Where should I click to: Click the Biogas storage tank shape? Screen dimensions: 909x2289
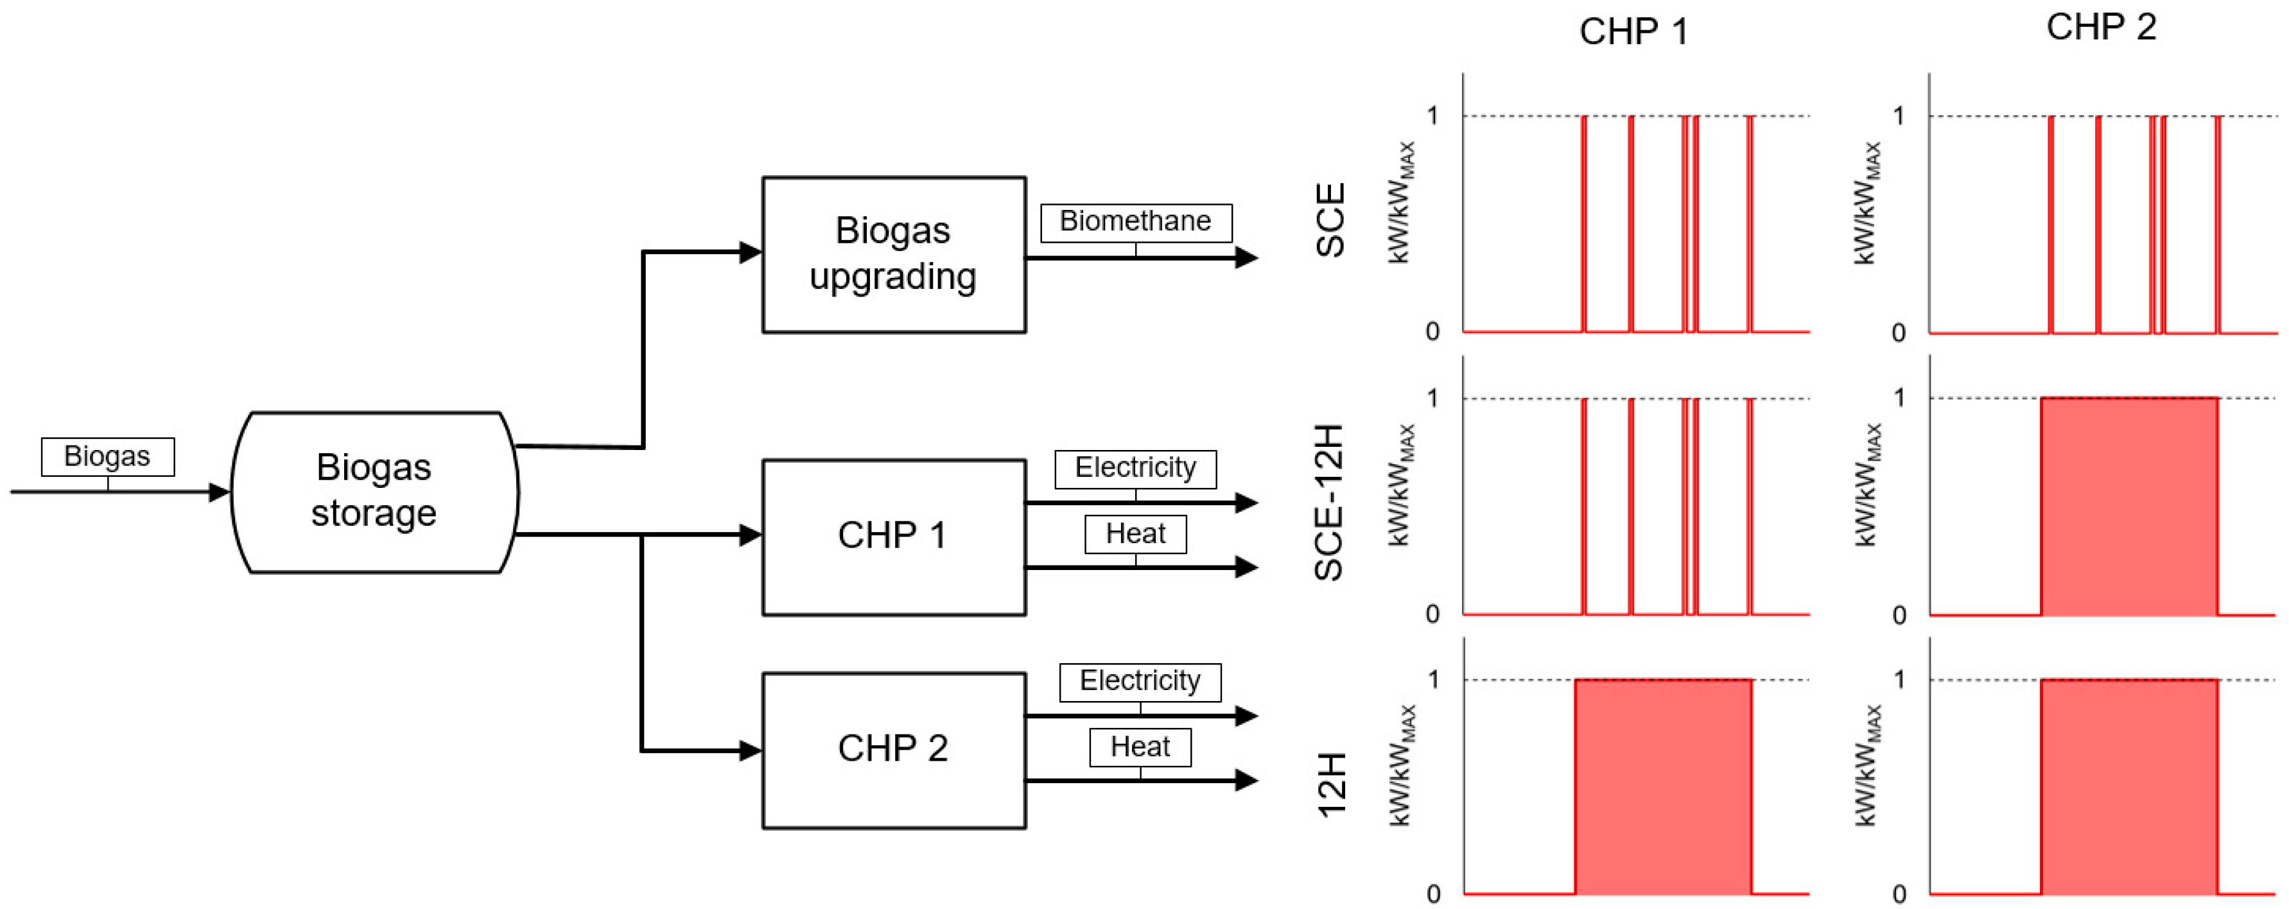point(374,491)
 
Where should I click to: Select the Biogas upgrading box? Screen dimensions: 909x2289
point(893,254)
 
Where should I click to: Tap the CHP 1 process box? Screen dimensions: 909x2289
point(893,536)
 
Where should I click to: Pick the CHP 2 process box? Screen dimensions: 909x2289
point(893,749)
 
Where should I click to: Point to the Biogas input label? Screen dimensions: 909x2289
point(107,456)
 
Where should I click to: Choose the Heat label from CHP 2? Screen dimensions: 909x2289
point(1140,747)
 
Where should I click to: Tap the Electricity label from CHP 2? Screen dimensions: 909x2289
point(1140,680)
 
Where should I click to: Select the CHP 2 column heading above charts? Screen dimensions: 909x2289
point(2101,28)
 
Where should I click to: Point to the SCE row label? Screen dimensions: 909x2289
point(1330,220)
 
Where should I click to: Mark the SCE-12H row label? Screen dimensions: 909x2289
point(1330,503)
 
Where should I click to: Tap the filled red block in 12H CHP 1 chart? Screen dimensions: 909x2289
point(1662,786)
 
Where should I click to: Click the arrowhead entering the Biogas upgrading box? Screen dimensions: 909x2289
point(751,252)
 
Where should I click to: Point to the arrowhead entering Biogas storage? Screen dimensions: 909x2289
point(220,491)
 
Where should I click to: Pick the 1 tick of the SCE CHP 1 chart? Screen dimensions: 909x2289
point(1432,116)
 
